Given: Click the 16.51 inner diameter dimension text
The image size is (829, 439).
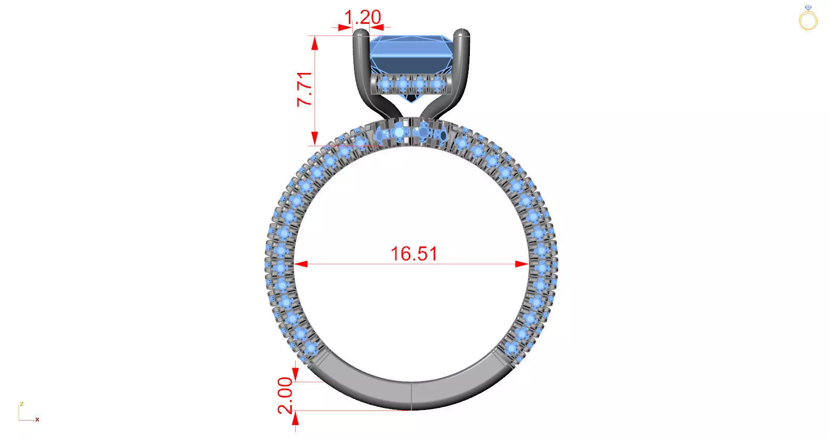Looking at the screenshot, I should [414, 254].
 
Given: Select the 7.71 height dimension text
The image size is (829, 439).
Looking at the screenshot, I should [305, 89].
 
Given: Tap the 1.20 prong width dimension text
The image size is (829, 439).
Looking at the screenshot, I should [362, 18].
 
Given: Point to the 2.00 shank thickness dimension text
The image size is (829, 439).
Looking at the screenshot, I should [286, 396].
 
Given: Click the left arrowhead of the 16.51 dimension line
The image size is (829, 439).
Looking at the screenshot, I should [301, 264].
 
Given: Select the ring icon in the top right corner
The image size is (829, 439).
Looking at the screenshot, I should [808, 19].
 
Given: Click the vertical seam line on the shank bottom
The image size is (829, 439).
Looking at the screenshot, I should [411, 396].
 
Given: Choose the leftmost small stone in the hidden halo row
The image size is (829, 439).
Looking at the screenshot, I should [385, 83].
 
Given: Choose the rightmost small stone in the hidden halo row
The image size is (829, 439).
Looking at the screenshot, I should [438, 83].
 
